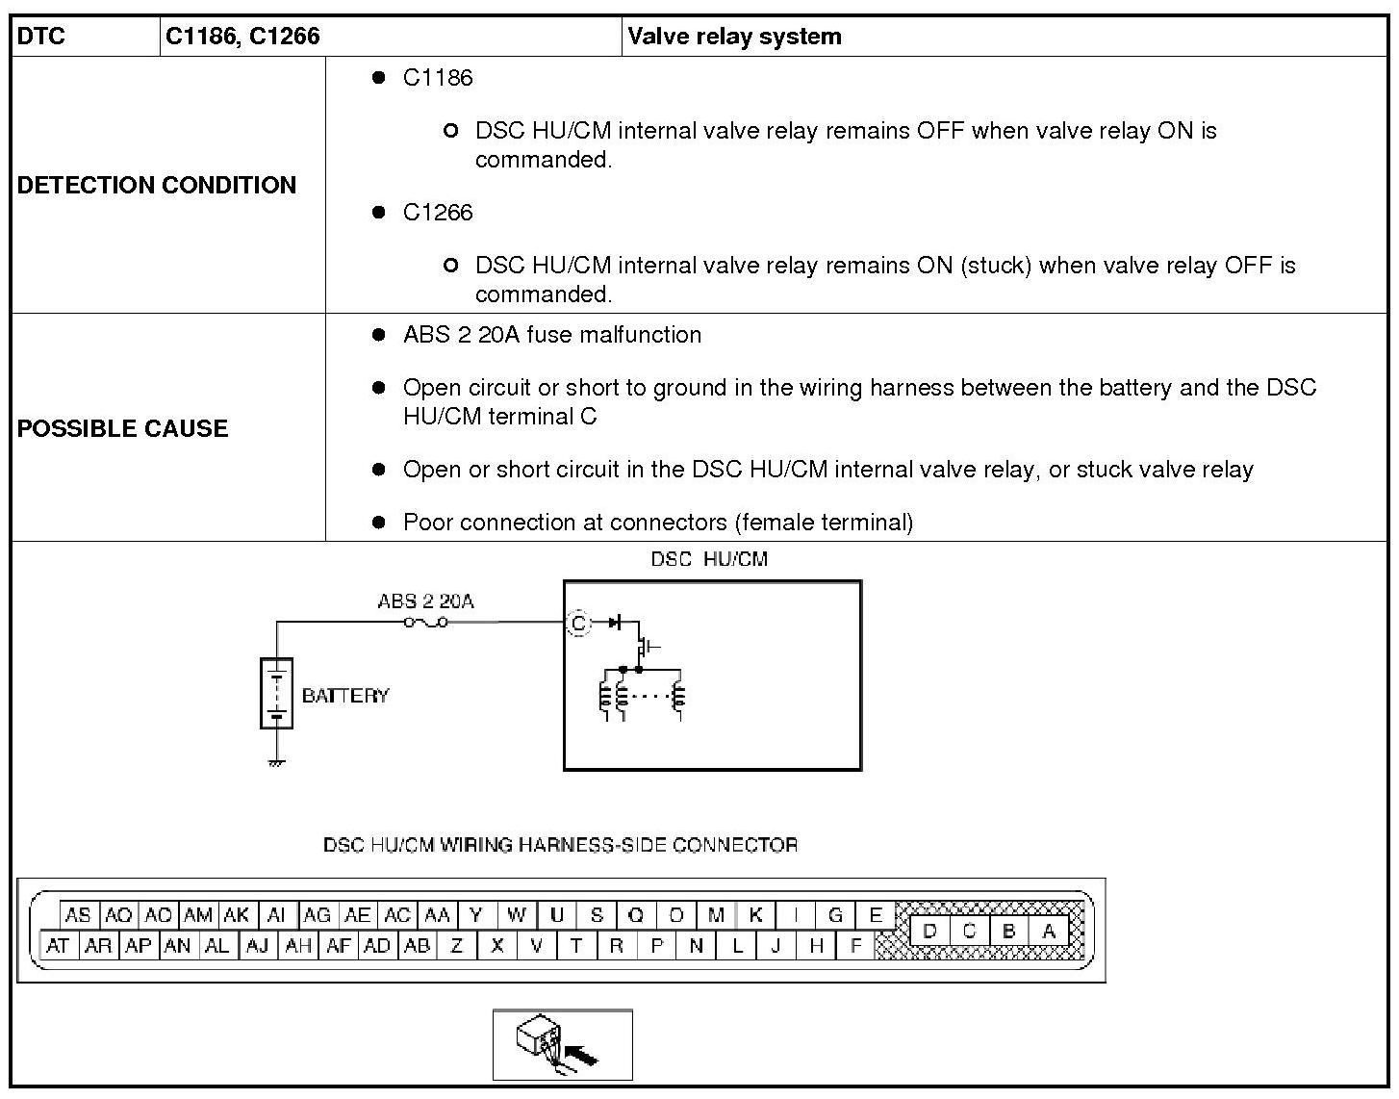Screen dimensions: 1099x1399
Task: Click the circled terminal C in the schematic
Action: point(577,624)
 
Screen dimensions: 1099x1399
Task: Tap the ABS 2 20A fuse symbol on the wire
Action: point(425,624)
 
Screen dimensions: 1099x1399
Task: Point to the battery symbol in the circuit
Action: point(277,693)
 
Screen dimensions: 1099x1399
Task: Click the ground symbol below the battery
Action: point(277,763)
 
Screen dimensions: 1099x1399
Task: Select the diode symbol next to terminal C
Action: point(616,624)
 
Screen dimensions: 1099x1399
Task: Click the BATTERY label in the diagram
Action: point(345,696)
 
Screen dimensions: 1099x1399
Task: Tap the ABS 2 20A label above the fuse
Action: point(425,601)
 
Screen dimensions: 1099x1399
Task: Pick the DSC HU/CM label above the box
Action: point(709,559)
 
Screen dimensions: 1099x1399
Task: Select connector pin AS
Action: point(78,915)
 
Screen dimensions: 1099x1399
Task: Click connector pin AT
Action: point(58,946)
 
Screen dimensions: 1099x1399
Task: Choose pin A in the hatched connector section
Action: point(1049,931)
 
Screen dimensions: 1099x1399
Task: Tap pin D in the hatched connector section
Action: point(929,931)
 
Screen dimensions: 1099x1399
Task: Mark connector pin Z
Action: point(457,946)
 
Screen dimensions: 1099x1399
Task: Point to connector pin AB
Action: point(417,946)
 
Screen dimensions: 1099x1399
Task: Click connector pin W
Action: point(517,915)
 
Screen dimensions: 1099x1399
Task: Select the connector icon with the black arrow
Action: point(562,1045)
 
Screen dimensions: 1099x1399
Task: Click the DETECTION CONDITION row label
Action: point(157,185)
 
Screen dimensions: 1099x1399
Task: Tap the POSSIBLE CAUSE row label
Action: point(123,428)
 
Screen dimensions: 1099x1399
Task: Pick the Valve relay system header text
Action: point(734,37)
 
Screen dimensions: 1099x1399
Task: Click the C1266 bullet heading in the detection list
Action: point(438,212)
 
